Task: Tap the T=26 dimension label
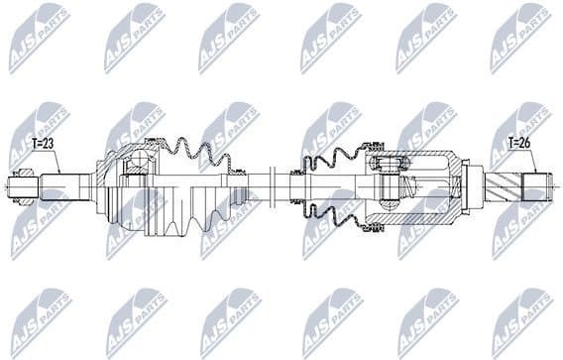click(x=520, y=143)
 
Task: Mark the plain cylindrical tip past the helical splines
click(x=536, y=185)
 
